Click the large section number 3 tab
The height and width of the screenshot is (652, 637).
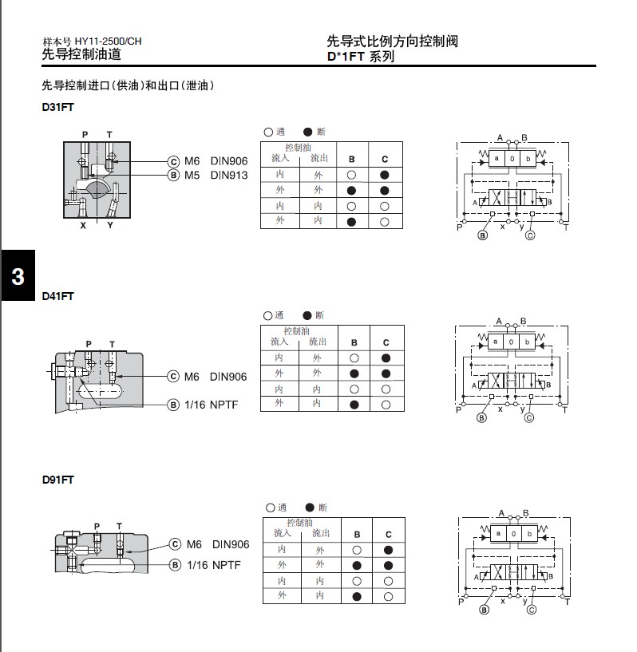pyautogui.click(x=18, y=277)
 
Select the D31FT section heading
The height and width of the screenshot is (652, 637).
pyautogui.click(x=57, y=107)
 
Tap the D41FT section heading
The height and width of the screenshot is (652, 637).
pyautogui.click(x=57, y=296)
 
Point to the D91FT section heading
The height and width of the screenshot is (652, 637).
pyautogui.click(x=57, y=480)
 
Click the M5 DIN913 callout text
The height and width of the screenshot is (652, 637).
pyautogui.click(x=216, y=176)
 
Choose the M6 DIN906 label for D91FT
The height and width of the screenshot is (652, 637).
pyautogui.click(x=218, y=544)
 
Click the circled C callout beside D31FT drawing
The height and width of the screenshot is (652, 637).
pyautogui.click(x=173, y=161)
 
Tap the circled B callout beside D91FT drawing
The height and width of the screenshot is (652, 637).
pyautogui.click(x=175, y=565)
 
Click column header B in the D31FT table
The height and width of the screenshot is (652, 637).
pyautogui.click(x=351, y=159)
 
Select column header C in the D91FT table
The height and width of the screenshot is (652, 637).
pyautogui.click(x=389, y=534)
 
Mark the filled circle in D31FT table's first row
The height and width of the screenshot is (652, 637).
pyautogui.click(x=384, y=174)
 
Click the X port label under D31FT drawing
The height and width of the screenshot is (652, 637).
pyautogui.click(x=83, y=226)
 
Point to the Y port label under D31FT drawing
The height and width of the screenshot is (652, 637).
pyautogui.click(x=110, y=226)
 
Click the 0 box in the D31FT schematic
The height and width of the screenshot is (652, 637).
pyautogui.click(x=512, y=159)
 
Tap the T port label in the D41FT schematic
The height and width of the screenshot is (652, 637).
pyautogui.click(x=565, y=410)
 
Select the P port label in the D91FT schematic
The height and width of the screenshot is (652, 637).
pyautogui.click(x=461, y=601)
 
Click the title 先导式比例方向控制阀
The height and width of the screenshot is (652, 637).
pyautogui.click(x=393, y=41)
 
